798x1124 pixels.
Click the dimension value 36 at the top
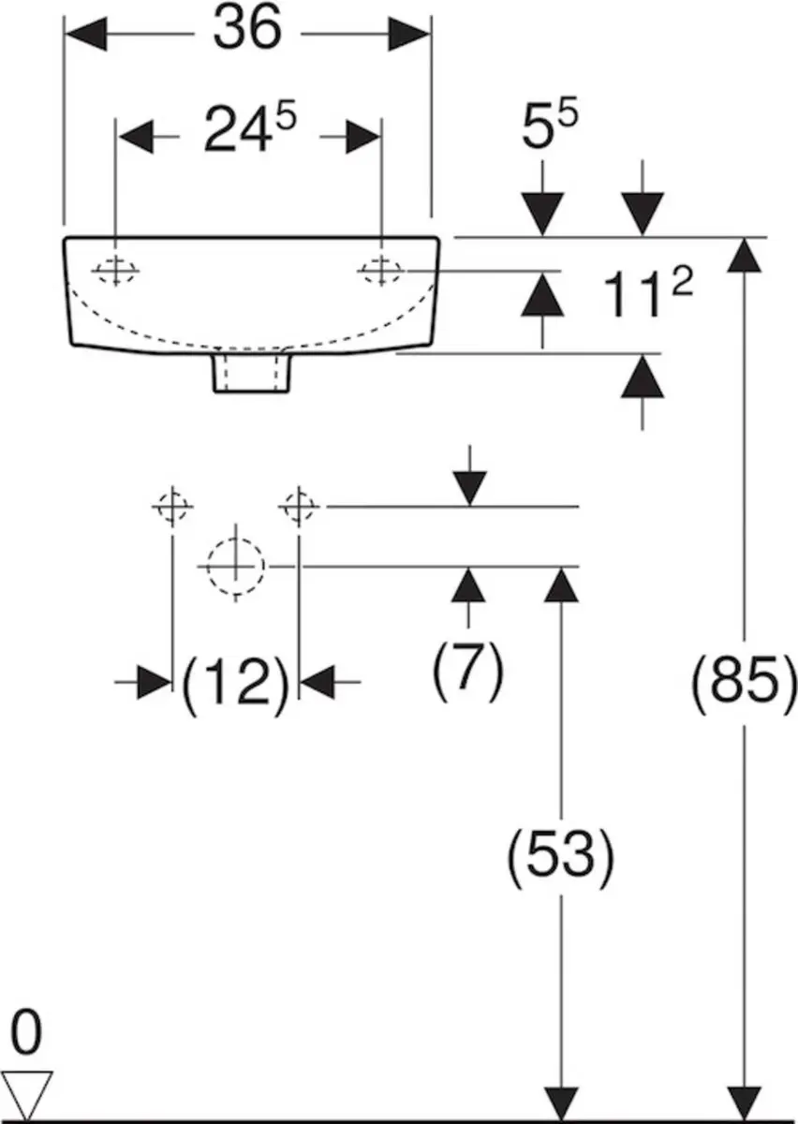click(x=247, y=29)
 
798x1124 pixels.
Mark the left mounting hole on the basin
click(x=116, y=272)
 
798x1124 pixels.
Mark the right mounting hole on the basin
click(x=381, y=271)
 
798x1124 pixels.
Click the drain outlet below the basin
click(x=251, y=373)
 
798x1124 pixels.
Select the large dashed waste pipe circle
click(x=235, y=567)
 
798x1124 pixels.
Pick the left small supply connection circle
click(x=172, y=507)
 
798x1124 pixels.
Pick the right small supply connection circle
click(x=299, y=507)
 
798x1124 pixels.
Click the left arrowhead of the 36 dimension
click(x=86, y=34)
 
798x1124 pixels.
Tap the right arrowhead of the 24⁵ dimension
click(x=362, y=137)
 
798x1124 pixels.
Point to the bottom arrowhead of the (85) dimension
click(x=745, y=1102)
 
